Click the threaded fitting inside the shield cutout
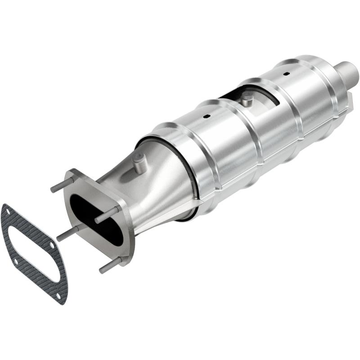(246, 99)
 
